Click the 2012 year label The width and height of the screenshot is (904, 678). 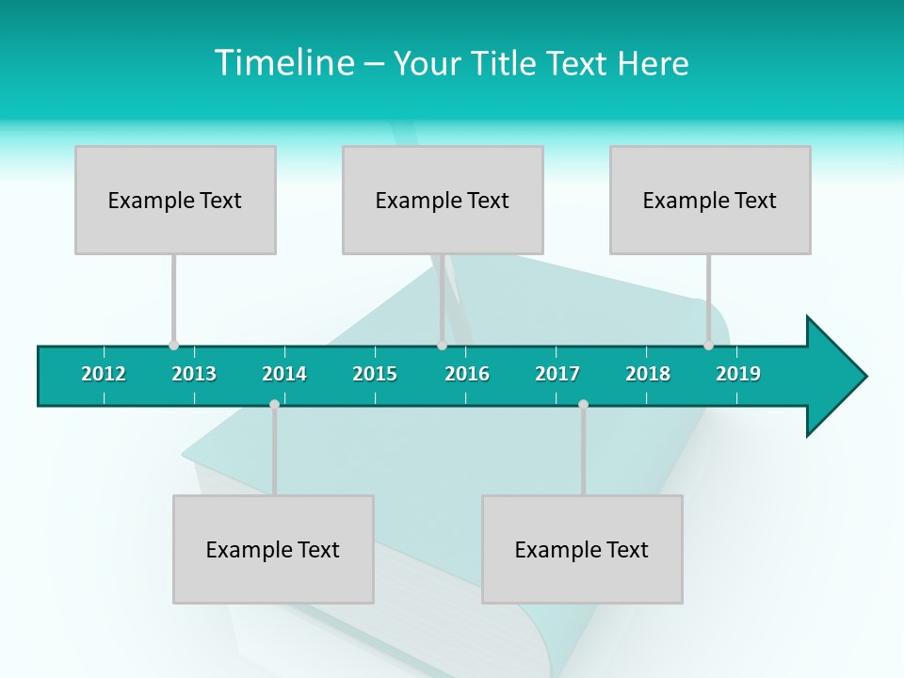click(x=104, y=374)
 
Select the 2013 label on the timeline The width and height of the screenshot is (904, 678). click(x=194, y=374)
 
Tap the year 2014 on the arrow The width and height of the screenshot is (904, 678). click(x=284, y=374)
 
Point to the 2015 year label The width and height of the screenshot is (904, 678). click(x=375, y=374)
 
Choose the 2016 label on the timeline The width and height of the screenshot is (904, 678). click(x=467, y=374)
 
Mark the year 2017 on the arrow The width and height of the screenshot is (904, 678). click(x=557, y=374)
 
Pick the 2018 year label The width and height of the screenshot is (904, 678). click(x=648, y=374)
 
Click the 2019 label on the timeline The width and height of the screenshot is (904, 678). click(x=738, y=374)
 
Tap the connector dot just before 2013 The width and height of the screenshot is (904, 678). click(x=173, y=346)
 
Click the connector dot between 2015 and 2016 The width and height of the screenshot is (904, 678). click(x=442, y=346)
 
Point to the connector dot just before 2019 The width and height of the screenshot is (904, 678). click(x=708, y=346)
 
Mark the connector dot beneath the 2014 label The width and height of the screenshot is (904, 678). click(x=274, y=405)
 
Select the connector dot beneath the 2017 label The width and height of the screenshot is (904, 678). click(x=583, y=405)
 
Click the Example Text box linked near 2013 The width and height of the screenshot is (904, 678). click(x=175, y=201)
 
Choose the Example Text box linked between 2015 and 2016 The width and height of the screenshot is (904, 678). click(x=443, y=201)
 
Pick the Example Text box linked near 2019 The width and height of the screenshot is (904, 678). click(x=710, y=201)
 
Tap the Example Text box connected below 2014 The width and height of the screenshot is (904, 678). click(x=273, y=550)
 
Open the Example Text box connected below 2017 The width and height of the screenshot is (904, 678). click(x=582, y=550)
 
